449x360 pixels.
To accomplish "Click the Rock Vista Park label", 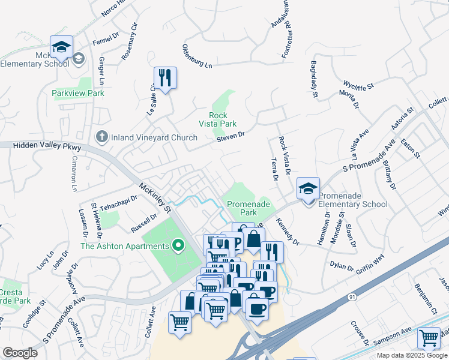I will tap(218, 119).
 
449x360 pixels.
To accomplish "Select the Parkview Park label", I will tap(77, 93).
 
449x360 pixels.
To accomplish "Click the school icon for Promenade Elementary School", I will tap(307, 189).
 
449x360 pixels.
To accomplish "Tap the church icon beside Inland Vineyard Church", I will tap(103, 137).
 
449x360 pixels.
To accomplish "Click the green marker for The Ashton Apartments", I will tap(178, 246).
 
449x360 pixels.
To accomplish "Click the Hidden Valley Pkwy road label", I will tap(41, 146).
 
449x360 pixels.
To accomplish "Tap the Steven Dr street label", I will tap(231, 137).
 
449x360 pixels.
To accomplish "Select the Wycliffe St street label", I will tap(358, 85).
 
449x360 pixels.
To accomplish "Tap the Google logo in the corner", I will tap(20, 353).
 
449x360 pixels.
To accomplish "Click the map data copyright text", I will tap(412, 355).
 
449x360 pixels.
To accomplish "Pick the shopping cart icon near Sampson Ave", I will tap(429, 338).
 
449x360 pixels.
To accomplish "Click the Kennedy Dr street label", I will tap(288, 232).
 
